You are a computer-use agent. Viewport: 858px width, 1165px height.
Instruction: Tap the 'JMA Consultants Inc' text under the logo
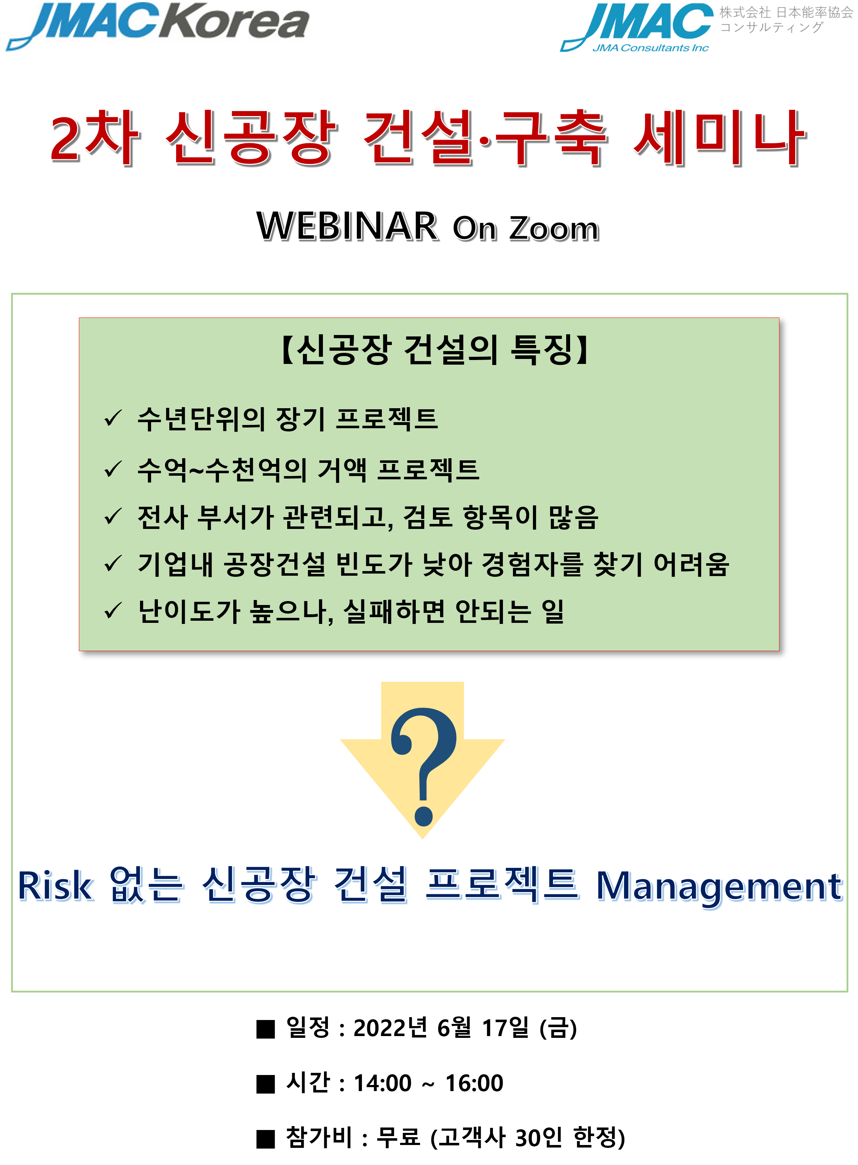tap(651, 48)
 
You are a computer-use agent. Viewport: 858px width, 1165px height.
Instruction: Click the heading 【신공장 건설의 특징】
tap(434, 349)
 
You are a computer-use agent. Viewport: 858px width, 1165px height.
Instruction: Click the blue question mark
tap(424, 766)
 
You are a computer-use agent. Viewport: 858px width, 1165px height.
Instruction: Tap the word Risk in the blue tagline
tap(56, 886)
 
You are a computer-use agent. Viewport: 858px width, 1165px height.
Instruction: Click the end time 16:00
tap(474, 1083)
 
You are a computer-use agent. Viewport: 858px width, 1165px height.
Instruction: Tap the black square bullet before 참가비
tap(265, 1139)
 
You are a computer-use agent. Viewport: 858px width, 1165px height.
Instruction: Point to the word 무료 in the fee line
tap(398, 1137)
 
